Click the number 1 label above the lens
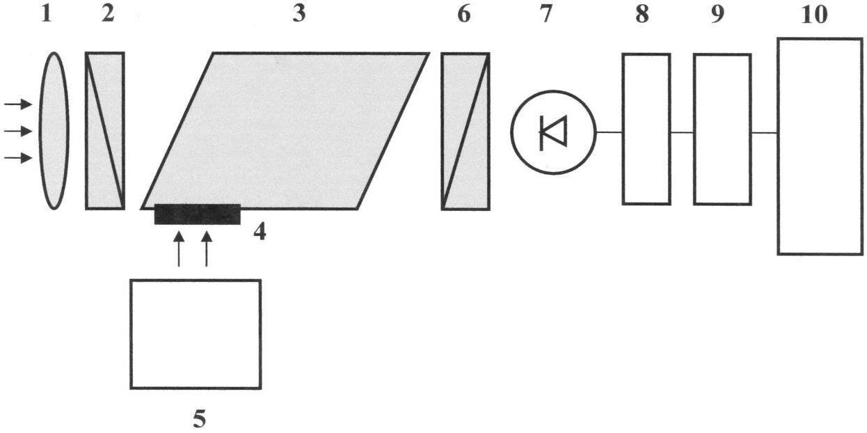tap(46, 15)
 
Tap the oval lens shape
tap(54, 131)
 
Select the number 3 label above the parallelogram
tap(299, 15)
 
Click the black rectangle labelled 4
tap(198, 214)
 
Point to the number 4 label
tap(260, 233)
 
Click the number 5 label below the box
tap(199, 418)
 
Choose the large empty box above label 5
tap(196, 334)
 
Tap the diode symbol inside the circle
tap(553, 132)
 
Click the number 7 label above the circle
tap(546, 15)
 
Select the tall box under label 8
tap(646, 129)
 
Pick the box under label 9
tap(722, 129)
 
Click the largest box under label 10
tap(820, 146)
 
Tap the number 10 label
tap(815, 15)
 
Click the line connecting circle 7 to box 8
tap(610, 132)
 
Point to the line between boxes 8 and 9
tap(683, 133)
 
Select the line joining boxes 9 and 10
tap(765, 133)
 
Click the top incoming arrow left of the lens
tap(18, 104)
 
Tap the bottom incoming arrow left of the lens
tap(18, 158)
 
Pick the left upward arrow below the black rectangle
tap(178, 249)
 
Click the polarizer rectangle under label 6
tap(466, 132)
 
